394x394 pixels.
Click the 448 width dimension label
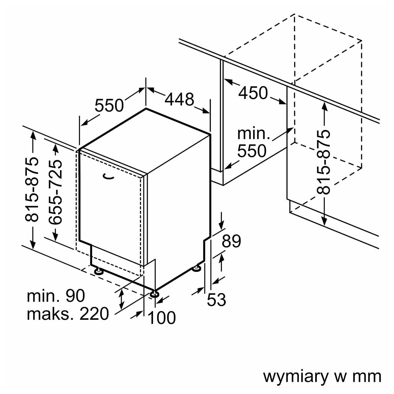tap(179, 99)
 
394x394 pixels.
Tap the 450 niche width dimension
tap(253, 93)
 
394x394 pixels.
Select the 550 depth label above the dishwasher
tap(109, 106)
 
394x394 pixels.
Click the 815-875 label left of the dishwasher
tap(33, 189)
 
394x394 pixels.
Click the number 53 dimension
tap(217, 300)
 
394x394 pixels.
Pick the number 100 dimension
tap(161, 318)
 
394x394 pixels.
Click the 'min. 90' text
tap(56, 296)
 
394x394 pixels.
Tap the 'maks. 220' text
tap(68, 314)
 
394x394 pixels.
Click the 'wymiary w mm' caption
tap(322, 376)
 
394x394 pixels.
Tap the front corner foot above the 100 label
tap(155, 294)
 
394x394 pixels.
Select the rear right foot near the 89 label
tap(197, 269)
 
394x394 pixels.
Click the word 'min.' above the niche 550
tap(254, 134)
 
